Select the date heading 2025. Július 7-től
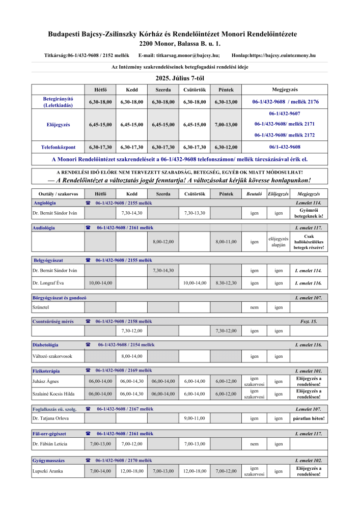tap(180, 78)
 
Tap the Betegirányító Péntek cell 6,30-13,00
tap(226, 102)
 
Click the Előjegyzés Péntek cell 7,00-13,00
tap(226, 125)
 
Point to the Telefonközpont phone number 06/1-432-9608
tap(285, 147)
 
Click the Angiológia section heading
tap(44, 203)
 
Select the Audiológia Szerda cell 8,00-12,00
tap(163, 241)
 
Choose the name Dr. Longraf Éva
tap(49, 282)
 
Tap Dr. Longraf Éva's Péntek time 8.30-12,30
tap(226, 282)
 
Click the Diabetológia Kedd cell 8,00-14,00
tap(131, 356)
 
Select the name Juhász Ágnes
tap(46, 381)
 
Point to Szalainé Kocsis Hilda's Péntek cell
tap(226, 394)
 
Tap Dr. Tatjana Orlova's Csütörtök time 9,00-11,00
tap(194, 418)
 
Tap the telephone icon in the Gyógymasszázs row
tap(88, 460)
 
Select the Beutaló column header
tap(254, 194)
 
